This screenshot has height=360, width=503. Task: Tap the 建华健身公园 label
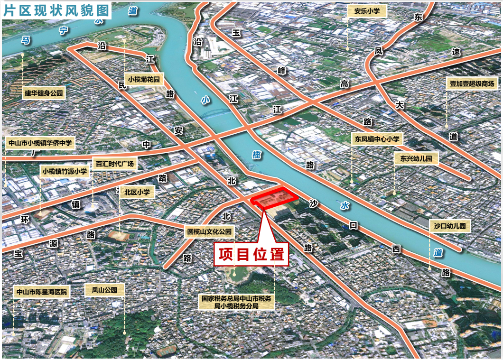click(44, 93)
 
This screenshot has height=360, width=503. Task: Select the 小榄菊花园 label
click(145, 79)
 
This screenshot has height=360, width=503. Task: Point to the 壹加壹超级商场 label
click(472, 84)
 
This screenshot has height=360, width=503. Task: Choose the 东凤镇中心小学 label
click(377, 139)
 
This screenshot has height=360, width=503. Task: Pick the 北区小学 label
click(137, 192)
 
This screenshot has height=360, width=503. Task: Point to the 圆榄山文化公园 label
click(209, 232)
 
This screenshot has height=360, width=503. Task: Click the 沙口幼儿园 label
click(449, 226)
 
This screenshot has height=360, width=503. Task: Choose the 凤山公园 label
click(104, 290)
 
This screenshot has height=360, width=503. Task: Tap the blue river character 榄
click(257, 155)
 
